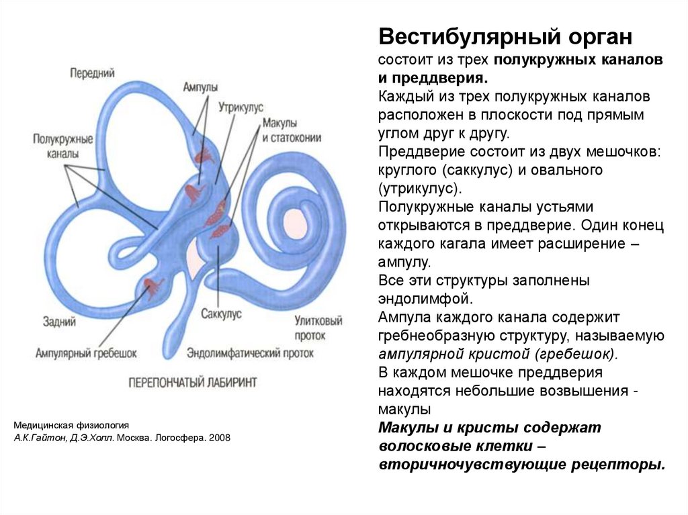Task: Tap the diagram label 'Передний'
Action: pyautogui.click(x=92, y=73)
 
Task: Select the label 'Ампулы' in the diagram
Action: pyautogui.click(x=200, y=87)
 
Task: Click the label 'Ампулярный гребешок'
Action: pyautogui.click(x=86, y=353)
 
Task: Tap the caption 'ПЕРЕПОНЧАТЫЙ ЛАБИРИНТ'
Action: pyautogui.click(x=193, y=381)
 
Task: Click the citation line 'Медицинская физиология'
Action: pyautogui.click(x=71, y=426)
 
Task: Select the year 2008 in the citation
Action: pyautogui.click(x=219, y=438)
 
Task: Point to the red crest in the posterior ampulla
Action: pyautogui.click(x=153, y=288)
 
